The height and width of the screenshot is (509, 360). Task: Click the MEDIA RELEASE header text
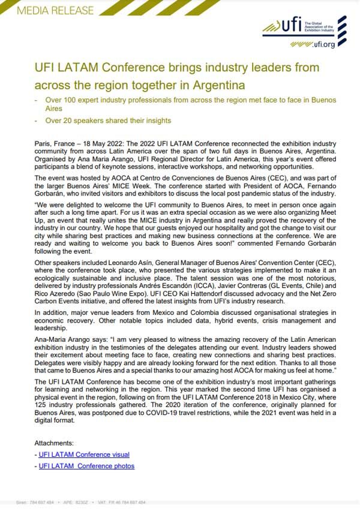coord(47,10)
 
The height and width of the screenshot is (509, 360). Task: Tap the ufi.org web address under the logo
coord(322,44)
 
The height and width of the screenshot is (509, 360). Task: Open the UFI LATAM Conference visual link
coord(84,454)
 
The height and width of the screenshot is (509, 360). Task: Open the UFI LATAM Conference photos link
coord(86,466)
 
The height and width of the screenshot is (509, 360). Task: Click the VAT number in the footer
coord(120,502)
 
